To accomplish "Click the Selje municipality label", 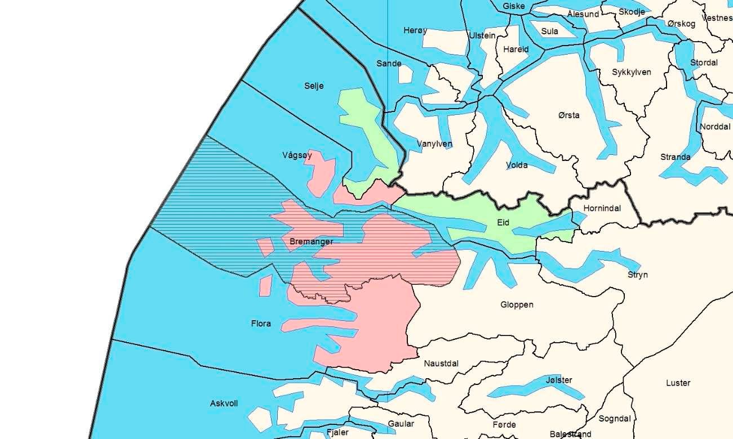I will click(x=314, y=86).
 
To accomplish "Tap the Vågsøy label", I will click(x=297, y=155).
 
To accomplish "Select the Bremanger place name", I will click(x=311, y=242).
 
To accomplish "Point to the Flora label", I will click(x=261, y=324).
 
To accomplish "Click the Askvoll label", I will click(x=224, y=404).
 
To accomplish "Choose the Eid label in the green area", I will click(x=503, y=223).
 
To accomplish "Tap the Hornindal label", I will click(x=602, y=208).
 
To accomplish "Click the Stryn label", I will click(x=638, y=275).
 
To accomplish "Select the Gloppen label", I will click(x=517, y=305).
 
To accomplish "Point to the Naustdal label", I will click(x=441, y=364).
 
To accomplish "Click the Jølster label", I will click(x=559, y=380).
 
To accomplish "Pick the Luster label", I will click(x=678, y=383).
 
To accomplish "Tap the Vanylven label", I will click(x=434, y=144).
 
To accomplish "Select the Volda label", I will click(x=517, y=165).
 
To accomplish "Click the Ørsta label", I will click(x=569, y=115).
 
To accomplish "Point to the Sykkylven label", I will click(x=632, y=72).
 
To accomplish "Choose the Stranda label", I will click(x=676, y=157).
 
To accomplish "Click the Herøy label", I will click(x=415, y=30).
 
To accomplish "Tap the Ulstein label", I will click(x=482, y=35).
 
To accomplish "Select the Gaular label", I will click(x=401, y=424).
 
